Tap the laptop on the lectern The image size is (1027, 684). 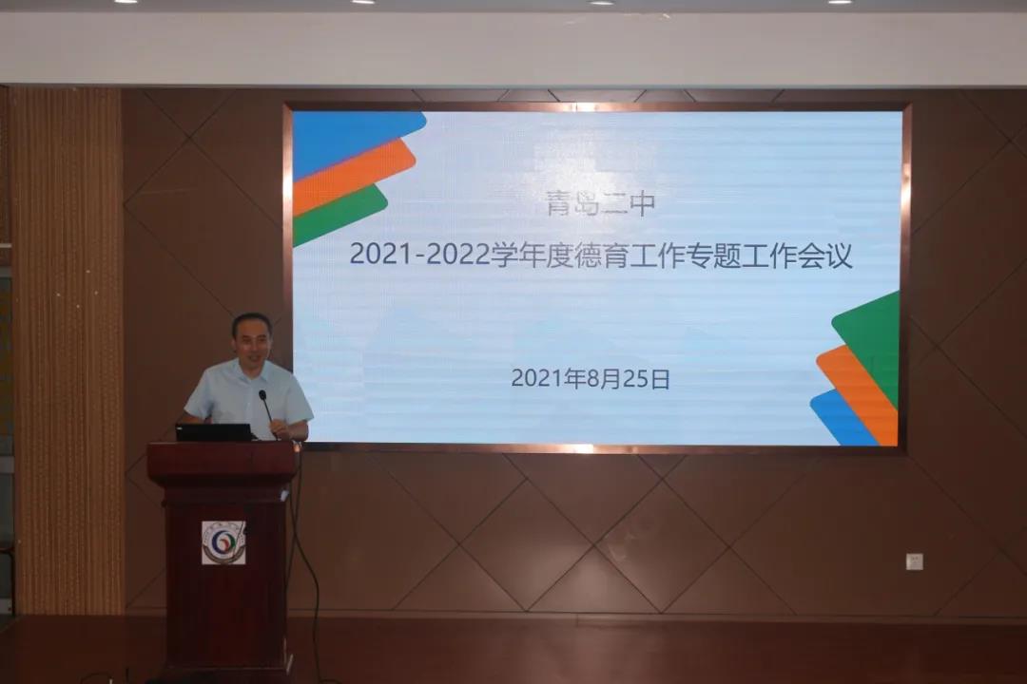pyautogui.click(x=214, y=432)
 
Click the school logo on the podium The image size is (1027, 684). pyautogui.click(x=223, y=542)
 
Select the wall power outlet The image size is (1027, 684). pyautogui.click(x=915, y=560)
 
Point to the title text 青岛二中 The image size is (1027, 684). pyautogui.click(x=601, y=203)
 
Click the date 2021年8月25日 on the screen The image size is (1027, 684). pyautogui.click(x=591, y=379)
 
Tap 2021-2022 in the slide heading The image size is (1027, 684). pyautogui.click(x=420, y=255)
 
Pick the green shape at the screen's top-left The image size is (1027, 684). pyautogui.click(x=340, y=215)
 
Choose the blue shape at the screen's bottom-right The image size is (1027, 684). pyautogui.click(x=842, y=419)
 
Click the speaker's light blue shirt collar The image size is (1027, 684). pyautogui.click(x=249, y=368)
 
